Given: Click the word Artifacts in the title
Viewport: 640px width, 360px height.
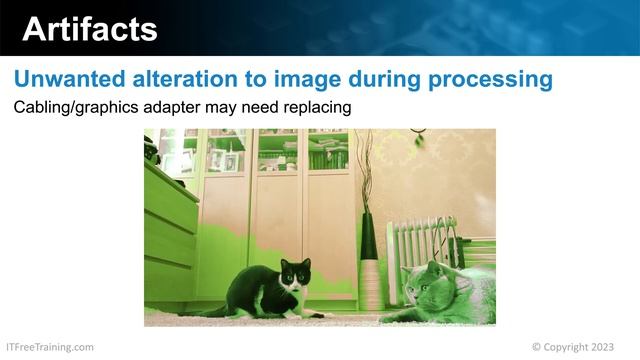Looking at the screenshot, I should [90, 29].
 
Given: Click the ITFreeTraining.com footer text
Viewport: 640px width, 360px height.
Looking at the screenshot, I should [50, 347].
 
